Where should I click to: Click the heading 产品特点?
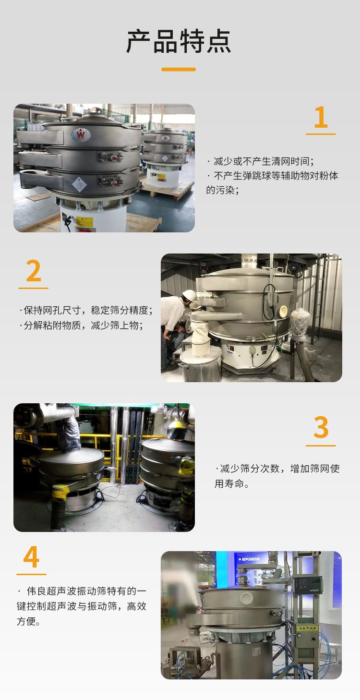pos(179,42)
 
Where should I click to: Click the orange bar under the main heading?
pos(179,69)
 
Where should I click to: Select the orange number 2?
pos(34,271)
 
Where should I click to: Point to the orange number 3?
pos(321,427)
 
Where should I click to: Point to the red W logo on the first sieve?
pos(81,135)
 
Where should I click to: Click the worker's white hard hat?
pos(189,295)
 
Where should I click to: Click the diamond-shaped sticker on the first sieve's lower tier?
pos(79,184)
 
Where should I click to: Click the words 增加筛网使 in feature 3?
pos(315,469)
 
